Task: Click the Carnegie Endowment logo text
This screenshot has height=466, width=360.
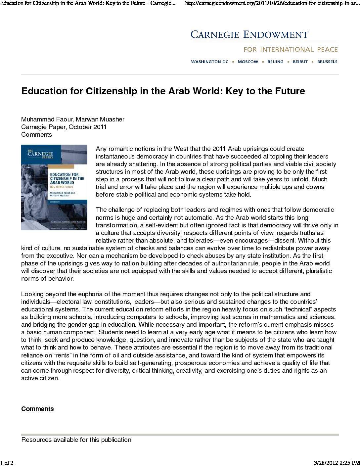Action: tap(249, 35)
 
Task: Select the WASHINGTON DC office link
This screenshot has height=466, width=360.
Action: tap(210, 62)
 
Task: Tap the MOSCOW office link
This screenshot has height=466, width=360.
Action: tap(248, 62)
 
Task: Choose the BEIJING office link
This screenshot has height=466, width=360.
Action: tap(275, 62)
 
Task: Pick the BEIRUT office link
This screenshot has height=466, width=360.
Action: tap(300, 62)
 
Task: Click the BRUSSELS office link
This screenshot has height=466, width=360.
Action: tap(327, 62)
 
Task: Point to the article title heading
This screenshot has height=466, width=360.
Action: tap(163, 91)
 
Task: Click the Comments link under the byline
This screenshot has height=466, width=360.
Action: tap(36, 134)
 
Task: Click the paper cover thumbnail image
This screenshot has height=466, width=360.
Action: tap(54, 187)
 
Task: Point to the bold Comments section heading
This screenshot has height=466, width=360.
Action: tap(37, 409)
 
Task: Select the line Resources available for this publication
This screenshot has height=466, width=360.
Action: tap(76, 440)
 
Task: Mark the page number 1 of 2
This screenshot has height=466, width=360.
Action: tap(7, 462)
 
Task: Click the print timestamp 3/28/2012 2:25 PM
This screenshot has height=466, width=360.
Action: tap(336, 462)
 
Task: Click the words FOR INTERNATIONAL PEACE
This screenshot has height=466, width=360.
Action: tap(291, 50)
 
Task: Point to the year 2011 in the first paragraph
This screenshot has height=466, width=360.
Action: tap(219, 149)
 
